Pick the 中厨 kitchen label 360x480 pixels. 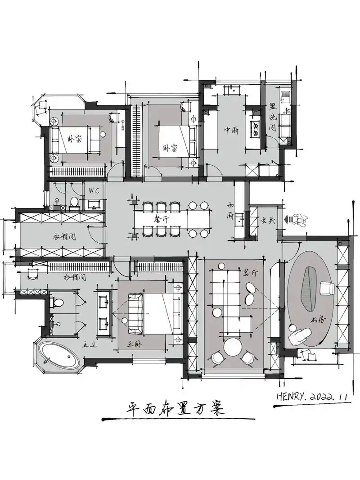coord(232,130)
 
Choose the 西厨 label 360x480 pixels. coord(231,211)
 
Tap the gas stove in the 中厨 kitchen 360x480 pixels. coord(255,128)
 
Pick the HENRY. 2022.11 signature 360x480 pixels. coord(310,398)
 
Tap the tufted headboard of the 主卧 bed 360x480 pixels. coord(134,313)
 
